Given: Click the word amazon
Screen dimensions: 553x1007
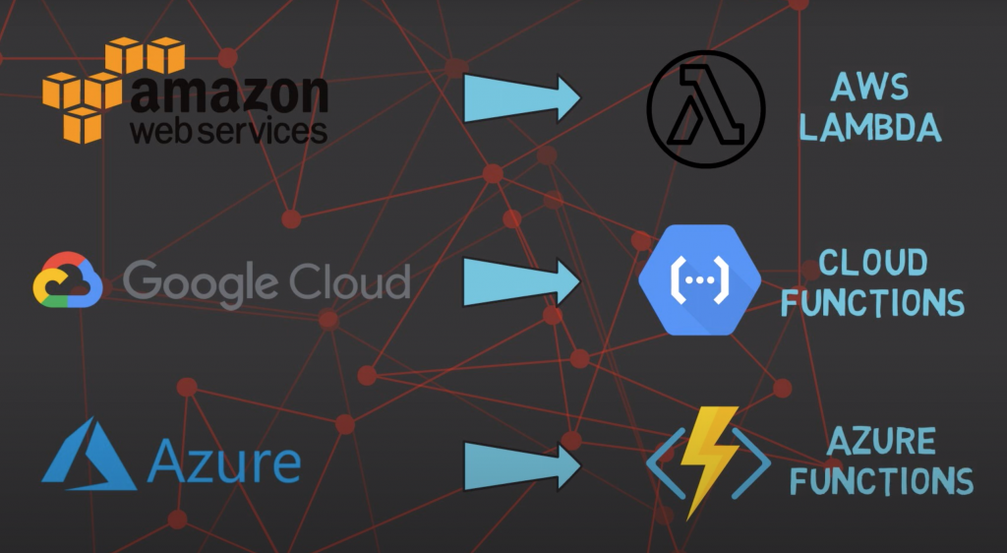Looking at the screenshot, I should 228,94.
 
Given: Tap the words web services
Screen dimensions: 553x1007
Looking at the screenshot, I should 228,131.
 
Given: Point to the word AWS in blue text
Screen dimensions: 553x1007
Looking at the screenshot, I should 868,89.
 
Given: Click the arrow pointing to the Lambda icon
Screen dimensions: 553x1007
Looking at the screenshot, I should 521,98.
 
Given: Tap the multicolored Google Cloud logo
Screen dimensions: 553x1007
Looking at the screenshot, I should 68,280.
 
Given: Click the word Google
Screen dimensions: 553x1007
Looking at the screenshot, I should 198,281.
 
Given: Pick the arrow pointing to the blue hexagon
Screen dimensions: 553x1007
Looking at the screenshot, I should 521,279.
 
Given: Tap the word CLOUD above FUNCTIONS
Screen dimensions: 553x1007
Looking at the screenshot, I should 872,263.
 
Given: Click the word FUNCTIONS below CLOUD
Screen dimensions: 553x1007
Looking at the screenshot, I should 872,302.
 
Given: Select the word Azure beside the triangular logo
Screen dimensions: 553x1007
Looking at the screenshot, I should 224,461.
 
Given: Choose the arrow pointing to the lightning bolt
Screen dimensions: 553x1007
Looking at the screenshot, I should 521,464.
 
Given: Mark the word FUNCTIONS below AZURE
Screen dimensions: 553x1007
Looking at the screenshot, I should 882,481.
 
